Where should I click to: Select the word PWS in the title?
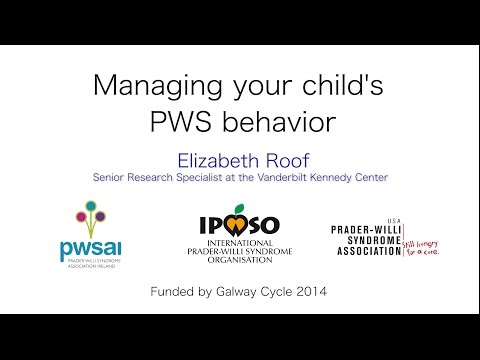(179, 123)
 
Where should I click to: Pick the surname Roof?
(283, 158)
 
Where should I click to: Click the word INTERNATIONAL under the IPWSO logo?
(238, 241)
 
